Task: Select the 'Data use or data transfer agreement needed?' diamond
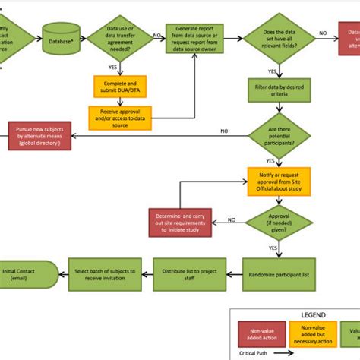pyautogui.click(x=119, y=36)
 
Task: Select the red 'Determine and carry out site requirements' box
pyautogui.click(x=181, y=223)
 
